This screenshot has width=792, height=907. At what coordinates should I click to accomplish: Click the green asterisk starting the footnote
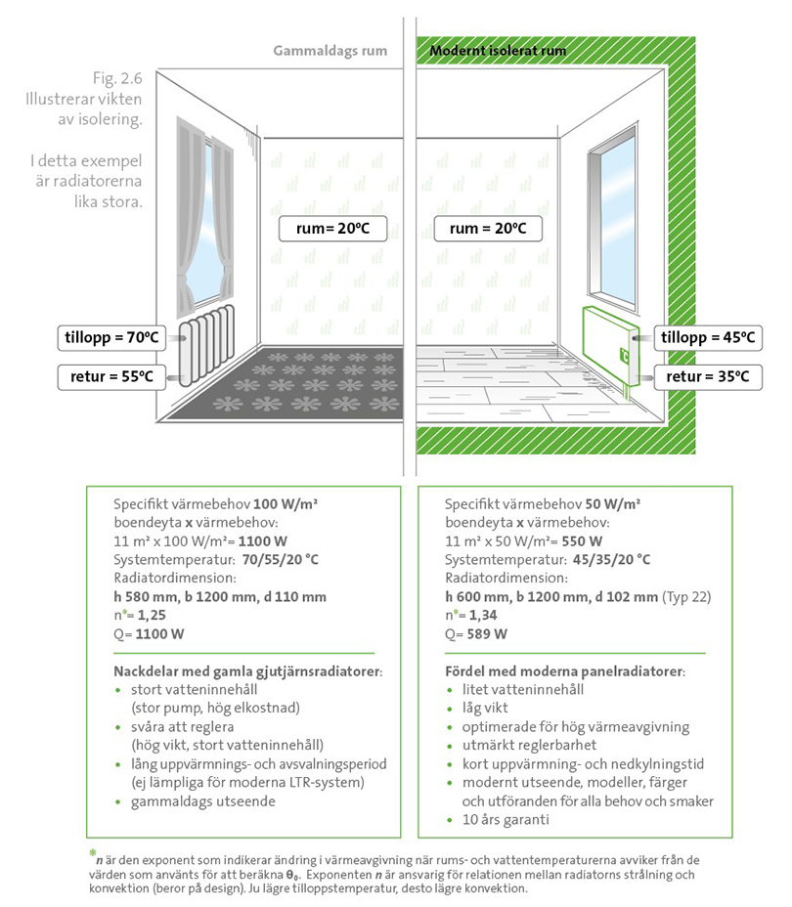point(93,853)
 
